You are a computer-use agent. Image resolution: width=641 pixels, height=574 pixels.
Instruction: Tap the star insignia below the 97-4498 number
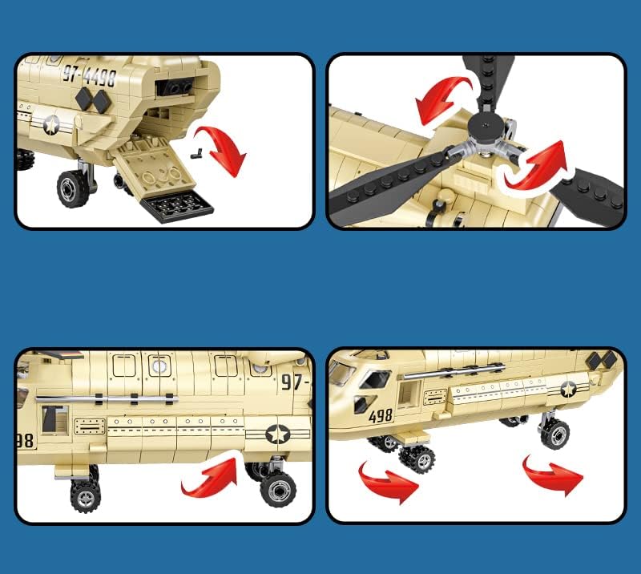pos(52,124)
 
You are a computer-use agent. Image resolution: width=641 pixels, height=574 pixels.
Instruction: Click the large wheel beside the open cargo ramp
pos(74,188)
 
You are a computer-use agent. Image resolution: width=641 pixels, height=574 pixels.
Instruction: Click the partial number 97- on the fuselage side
pos(294,382)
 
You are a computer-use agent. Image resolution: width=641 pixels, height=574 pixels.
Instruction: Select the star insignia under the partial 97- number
pos(278,434)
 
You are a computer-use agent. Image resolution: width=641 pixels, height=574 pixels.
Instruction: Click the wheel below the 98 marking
pos(85,495)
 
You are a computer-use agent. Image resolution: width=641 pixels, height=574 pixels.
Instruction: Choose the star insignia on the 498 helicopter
pos(568,390)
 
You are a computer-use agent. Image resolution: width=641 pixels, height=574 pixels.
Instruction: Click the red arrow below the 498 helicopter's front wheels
pos(387,480)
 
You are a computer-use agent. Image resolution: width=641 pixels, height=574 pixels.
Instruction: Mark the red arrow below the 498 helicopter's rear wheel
pos(552,475)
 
